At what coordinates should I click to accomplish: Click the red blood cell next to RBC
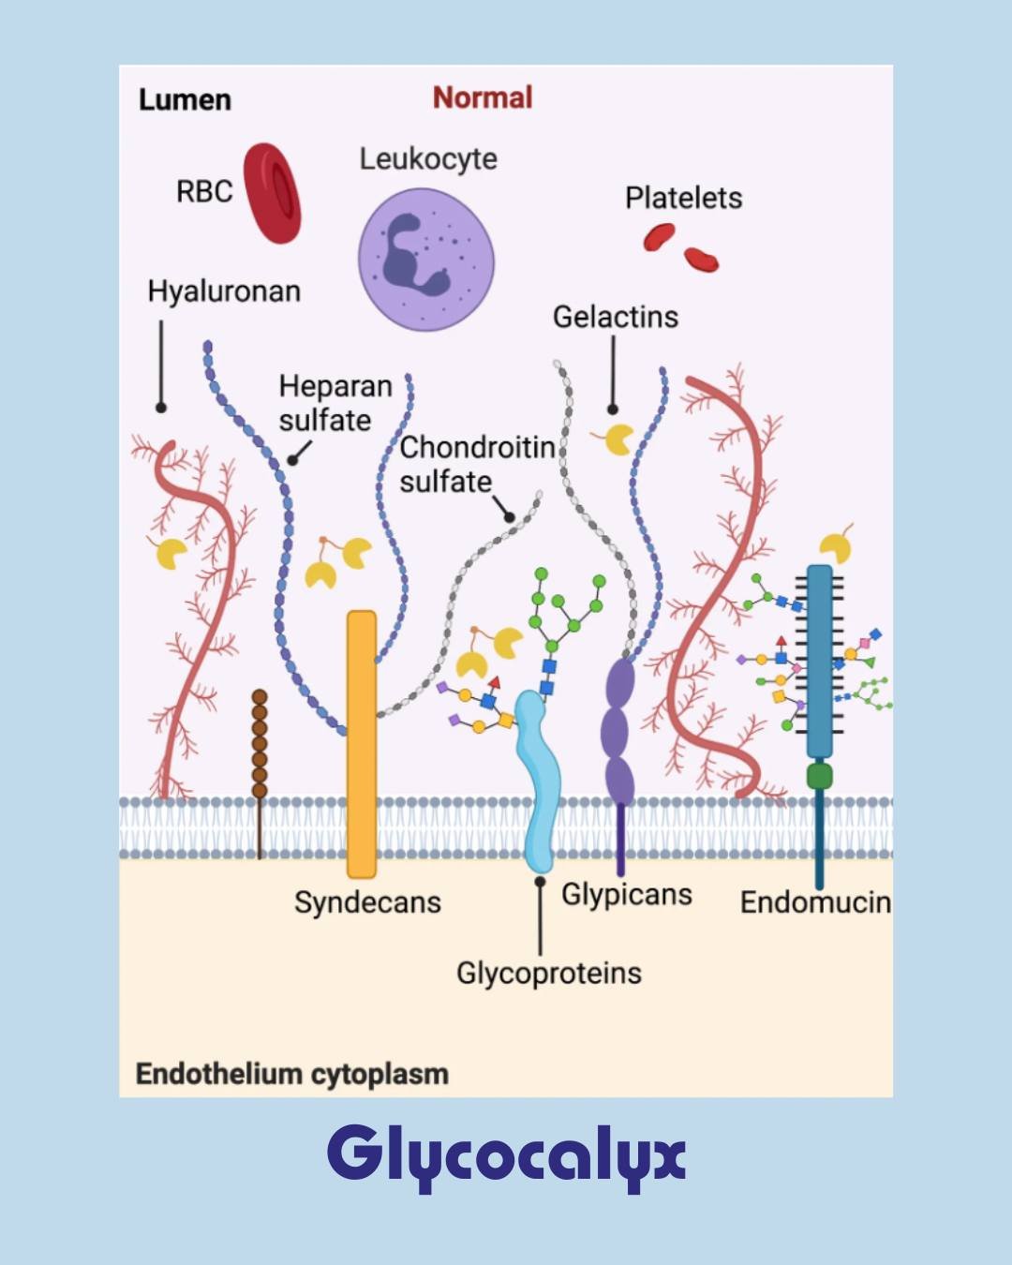tap(273, 193)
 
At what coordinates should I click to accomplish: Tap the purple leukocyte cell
tap(426, 260)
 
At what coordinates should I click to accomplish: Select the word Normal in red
tap(482, 97)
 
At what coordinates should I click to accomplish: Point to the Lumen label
tap(185, 99)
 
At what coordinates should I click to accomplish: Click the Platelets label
tap(683, 198)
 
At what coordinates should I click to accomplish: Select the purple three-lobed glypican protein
tap(618, 731)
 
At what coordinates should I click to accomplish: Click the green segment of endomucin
tap(819, 776)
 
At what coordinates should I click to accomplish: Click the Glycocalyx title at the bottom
tap(506, 1155)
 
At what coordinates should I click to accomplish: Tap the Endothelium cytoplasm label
tap(291, 1074)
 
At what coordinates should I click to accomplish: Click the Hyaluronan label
tap(224, 291)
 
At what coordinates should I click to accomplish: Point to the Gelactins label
tap(615, 317)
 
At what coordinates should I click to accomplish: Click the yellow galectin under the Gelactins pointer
tap(618, 439)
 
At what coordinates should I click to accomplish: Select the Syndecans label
tap(367, 902)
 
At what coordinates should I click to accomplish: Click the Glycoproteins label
tap(549, 974)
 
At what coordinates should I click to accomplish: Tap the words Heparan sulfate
tap(335, 403)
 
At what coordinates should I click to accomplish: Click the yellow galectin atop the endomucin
tap(836, 546)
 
